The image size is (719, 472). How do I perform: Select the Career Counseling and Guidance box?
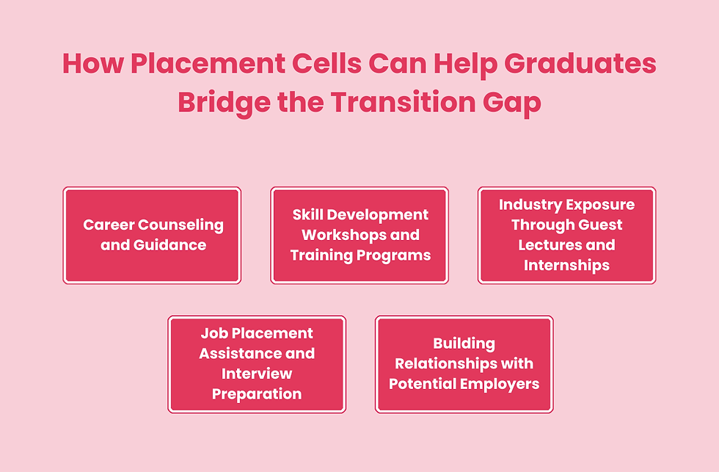152,235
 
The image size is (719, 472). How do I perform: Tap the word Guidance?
169,244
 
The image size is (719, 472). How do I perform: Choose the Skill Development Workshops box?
359,235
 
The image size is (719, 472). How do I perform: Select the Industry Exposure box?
566,235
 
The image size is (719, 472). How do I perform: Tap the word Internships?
566,265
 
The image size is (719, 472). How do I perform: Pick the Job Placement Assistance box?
257,364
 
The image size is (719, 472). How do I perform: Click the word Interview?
257,374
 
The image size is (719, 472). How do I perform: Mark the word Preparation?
257,393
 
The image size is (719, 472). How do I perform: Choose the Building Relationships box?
464,364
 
